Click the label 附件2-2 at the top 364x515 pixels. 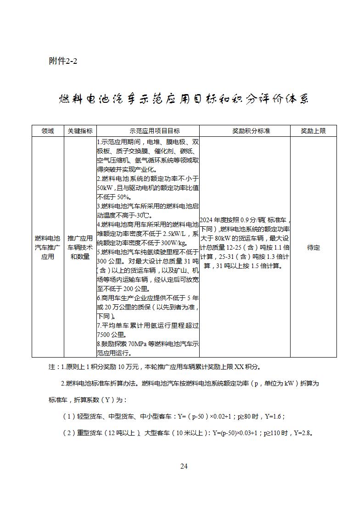63,61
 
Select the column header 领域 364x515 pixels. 48,131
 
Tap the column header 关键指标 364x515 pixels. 80,131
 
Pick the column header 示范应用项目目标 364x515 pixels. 148,131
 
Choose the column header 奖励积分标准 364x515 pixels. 245,131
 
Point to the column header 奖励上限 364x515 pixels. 313,131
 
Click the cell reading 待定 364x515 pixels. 313,247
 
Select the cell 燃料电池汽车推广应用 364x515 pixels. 48,247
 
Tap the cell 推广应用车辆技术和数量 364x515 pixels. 80,247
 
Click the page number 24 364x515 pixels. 184,466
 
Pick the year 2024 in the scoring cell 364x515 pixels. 207,220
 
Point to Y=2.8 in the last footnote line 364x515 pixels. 304,433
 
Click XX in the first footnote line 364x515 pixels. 240,367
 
